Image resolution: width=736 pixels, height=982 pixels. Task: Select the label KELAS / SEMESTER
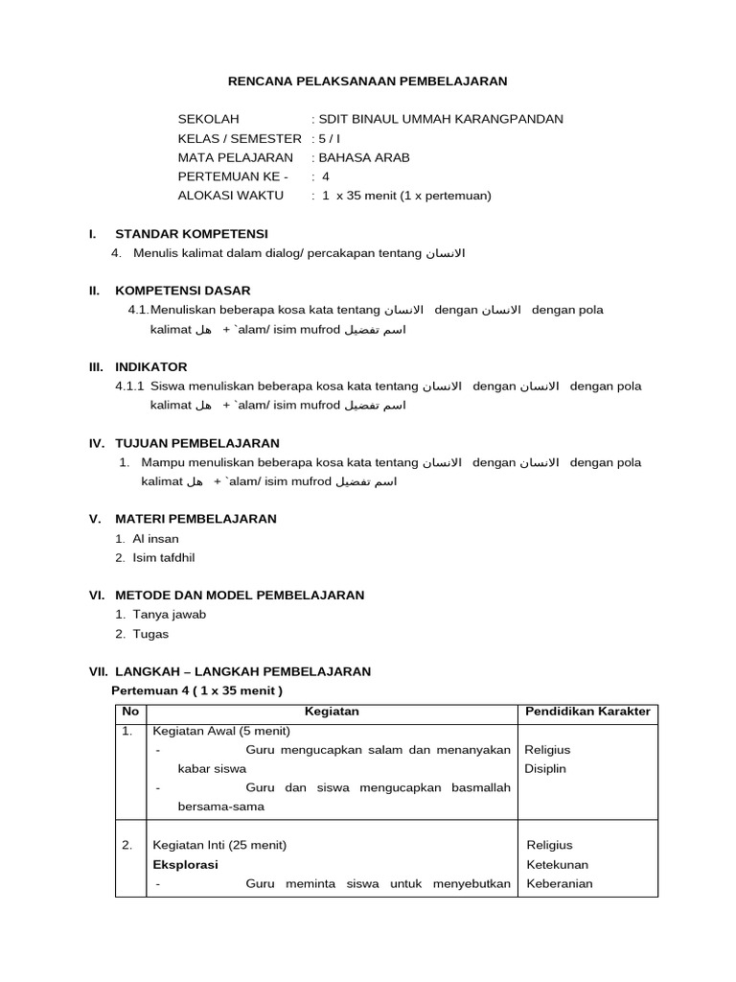click(x=240, y=138)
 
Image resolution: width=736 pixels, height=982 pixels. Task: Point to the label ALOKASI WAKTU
click(x=230, y=196)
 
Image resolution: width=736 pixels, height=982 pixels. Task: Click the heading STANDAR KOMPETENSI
click(x=192, y=234)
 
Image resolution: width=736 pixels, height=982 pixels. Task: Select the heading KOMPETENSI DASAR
click(x=183, y=291)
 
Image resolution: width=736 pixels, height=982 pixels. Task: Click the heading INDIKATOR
click(x=151, y=366)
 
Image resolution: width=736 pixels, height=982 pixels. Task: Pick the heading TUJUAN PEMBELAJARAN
click(x=197, y=443)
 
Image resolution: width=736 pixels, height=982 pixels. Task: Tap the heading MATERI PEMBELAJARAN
click(x=195, y=519)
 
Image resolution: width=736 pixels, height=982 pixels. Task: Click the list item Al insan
click(x=155, y=539)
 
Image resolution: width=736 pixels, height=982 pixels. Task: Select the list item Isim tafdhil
click(x=164, y=557)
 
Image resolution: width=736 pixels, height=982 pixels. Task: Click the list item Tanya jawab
click(x=169, y=615)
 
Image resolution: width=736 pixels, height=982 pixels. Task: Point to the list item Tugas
click(x=151, y=633)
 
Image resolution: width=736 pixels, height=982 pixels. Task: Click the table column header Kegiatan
click(x=331, y=711)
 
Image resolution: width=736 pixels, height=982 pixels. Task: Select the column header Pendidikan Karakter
click(x=587, y=711)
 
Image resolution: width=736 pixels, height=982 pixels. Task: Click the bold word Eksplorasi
click(x=185, y=864)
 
